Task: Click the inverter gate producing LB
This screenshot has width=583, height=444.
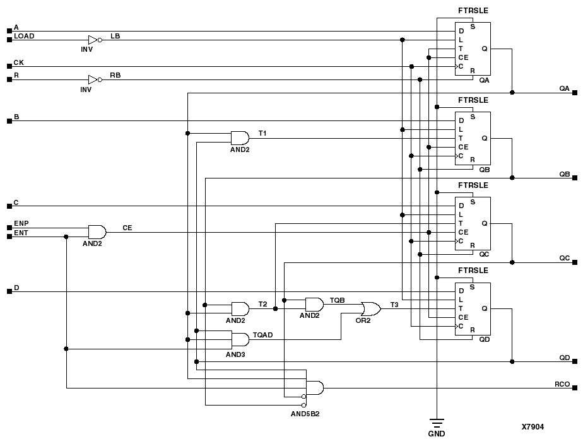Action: tap(93, 40)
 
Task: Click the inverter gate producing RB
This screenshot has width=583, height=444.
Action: tap(93, 79)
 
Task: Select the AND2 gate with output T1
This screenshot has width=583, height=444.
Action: tap(240, 138)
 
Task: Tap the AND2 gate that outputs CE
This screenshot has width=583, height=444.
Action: tap(97, 232)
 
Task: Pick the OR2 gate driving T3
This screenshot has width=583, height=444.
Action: tap(370, 309)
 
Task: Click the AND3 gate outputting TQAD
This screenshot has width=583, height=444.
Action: tap(240, 340)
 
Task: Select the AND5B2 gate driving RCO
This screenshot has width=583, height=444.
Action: tap(314, 388)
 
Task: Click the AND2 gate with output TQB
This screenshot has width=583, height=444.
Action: tap(314, 304)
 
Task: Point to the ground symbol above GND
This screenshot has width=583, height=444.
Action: tap(436, 421)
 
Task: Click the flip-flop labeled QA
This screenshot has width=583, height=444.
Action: tap(473, 49)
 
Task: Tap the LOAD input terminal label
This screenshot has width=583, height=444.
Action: tap(24, 36)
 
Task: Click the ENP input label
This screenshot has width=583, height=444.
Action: tap(21, 224)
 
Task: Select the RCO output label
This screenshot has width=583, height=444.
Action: tap(562, 383)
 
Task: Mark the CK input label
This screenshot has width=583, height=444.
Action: tap(19, 63)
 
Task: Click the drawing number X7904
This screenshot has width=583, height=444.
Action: tap(533, 427)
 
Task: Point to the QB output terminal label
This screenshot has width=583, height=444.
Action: tap(564, 173)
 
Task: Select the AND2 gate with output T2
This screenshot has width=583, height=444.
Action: tap(240, 308)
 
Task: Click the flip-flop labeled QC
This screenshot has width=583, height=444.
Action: tap(473, 223)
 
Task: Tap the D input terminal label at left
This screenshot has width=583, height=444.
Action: tap(16, 288)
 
